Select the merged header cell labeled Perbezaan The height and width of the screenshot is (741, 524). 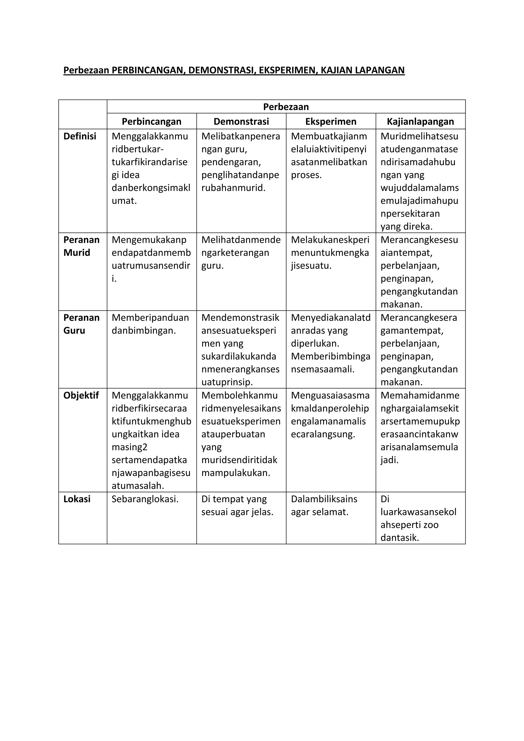(x=286, y=107)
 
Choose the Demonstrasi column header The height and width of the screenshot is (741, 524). (x=241, y=122)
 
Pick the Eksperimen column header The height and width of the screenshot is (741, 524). (x=331, y=122)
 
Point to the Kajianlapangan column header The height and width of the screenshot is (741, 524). (x=420, y=122)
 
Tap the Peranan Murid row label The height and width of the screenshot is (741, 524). (x=81, y=246)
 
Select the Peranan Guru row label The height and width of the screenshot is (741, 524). (x=81, y=324)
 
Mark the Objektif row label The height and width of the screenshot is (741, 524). (x=81, y=395)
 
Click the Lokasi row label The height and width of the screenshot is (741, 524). (x=77, y=499)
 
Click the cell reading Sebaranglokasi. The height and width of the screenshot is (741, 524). (x=145, y=499)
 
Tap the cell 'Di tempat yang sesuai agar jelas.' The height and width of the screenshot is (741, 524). (x=237, y=505)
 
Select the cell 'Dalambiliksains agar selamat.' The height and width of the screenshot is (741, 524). (x=324, y=505)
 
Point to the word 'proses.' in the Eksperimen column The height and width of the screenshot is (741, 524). (x=306, y=175)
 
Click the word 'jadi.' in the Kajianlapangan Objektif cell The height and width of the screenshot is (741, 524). (x=389, y=460)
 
